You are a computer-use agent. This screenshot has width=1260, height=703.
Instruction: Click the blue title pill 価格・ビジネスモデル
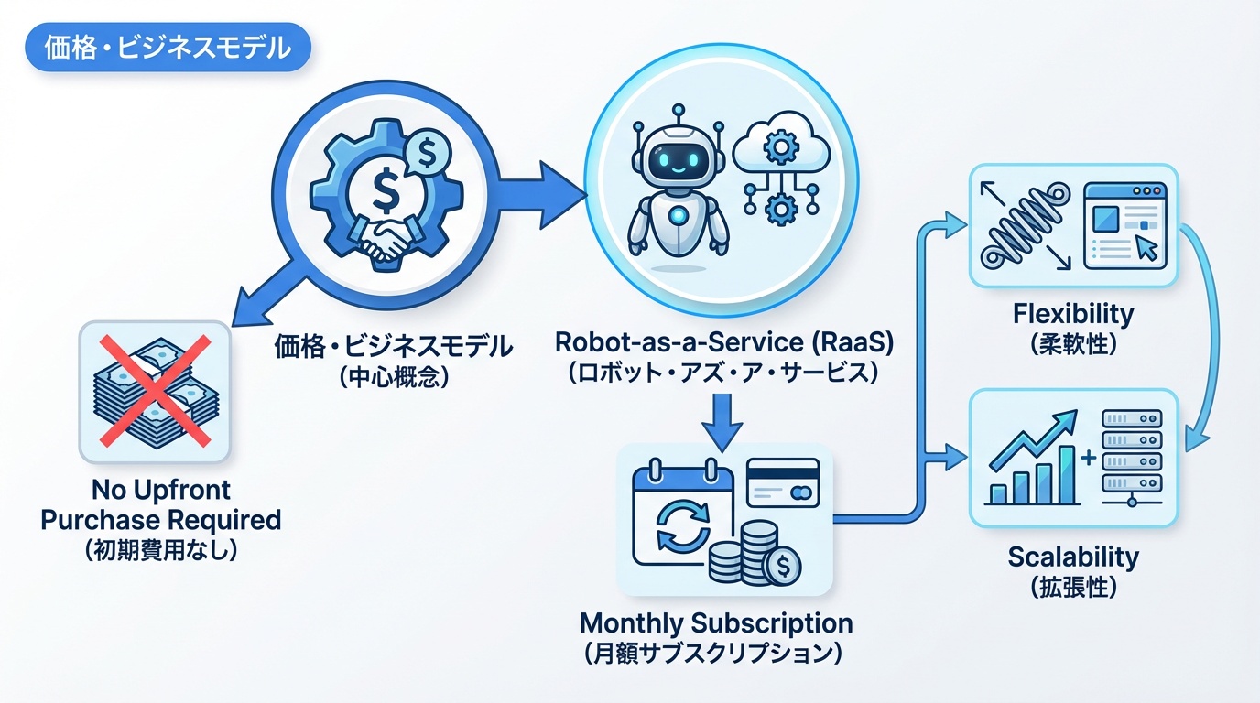(168, 48)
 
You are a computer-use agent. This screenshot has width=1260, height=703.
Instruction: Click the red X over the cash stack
(156, 391)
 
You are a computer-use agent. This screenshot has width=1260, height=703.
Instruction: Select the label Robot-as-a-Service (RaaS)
(724, 342)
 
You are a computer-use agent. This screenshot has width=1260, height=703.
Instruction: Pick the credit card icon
(782, 482)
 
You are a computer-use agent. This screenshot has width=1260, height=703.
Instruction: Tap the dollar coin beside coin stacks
(782, 566)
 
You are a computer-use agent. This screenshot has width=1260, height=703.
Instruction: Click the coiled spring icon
(1024, 228)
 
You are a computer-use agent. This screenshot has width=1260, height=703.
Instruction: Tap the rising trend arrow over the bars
(1033, 438)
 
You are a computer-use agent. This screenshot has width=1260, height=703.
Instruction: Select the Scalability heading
(1073, 557)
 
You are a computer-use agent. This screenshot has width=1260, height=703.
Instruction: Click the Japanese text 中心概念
(394, 377)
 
